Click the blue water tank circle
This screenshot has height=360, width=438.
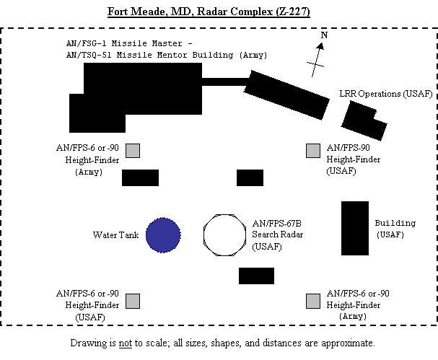point(163,234)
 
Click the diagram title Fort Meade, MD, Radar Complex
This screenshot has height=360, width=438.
point(219,12)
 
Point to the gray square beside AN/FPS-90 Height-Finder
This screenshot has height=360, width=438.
point(312,150)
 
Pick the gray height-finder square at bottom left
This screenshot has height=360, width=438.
point(132,301)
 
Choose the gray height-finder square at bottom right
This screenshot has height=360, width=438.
point(312,301)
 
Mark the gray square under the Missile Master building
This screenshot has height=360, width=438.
point(133,150)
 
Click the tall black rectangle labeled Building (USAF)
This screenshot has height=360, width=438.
point(355,228)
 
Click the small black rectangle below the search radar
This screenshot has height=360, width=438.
point(256,276)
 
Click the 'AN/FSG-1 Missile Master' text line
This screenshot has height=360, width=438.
point(123,43)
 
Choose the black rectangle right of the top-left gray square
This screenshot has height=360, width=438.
point(140,177)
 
